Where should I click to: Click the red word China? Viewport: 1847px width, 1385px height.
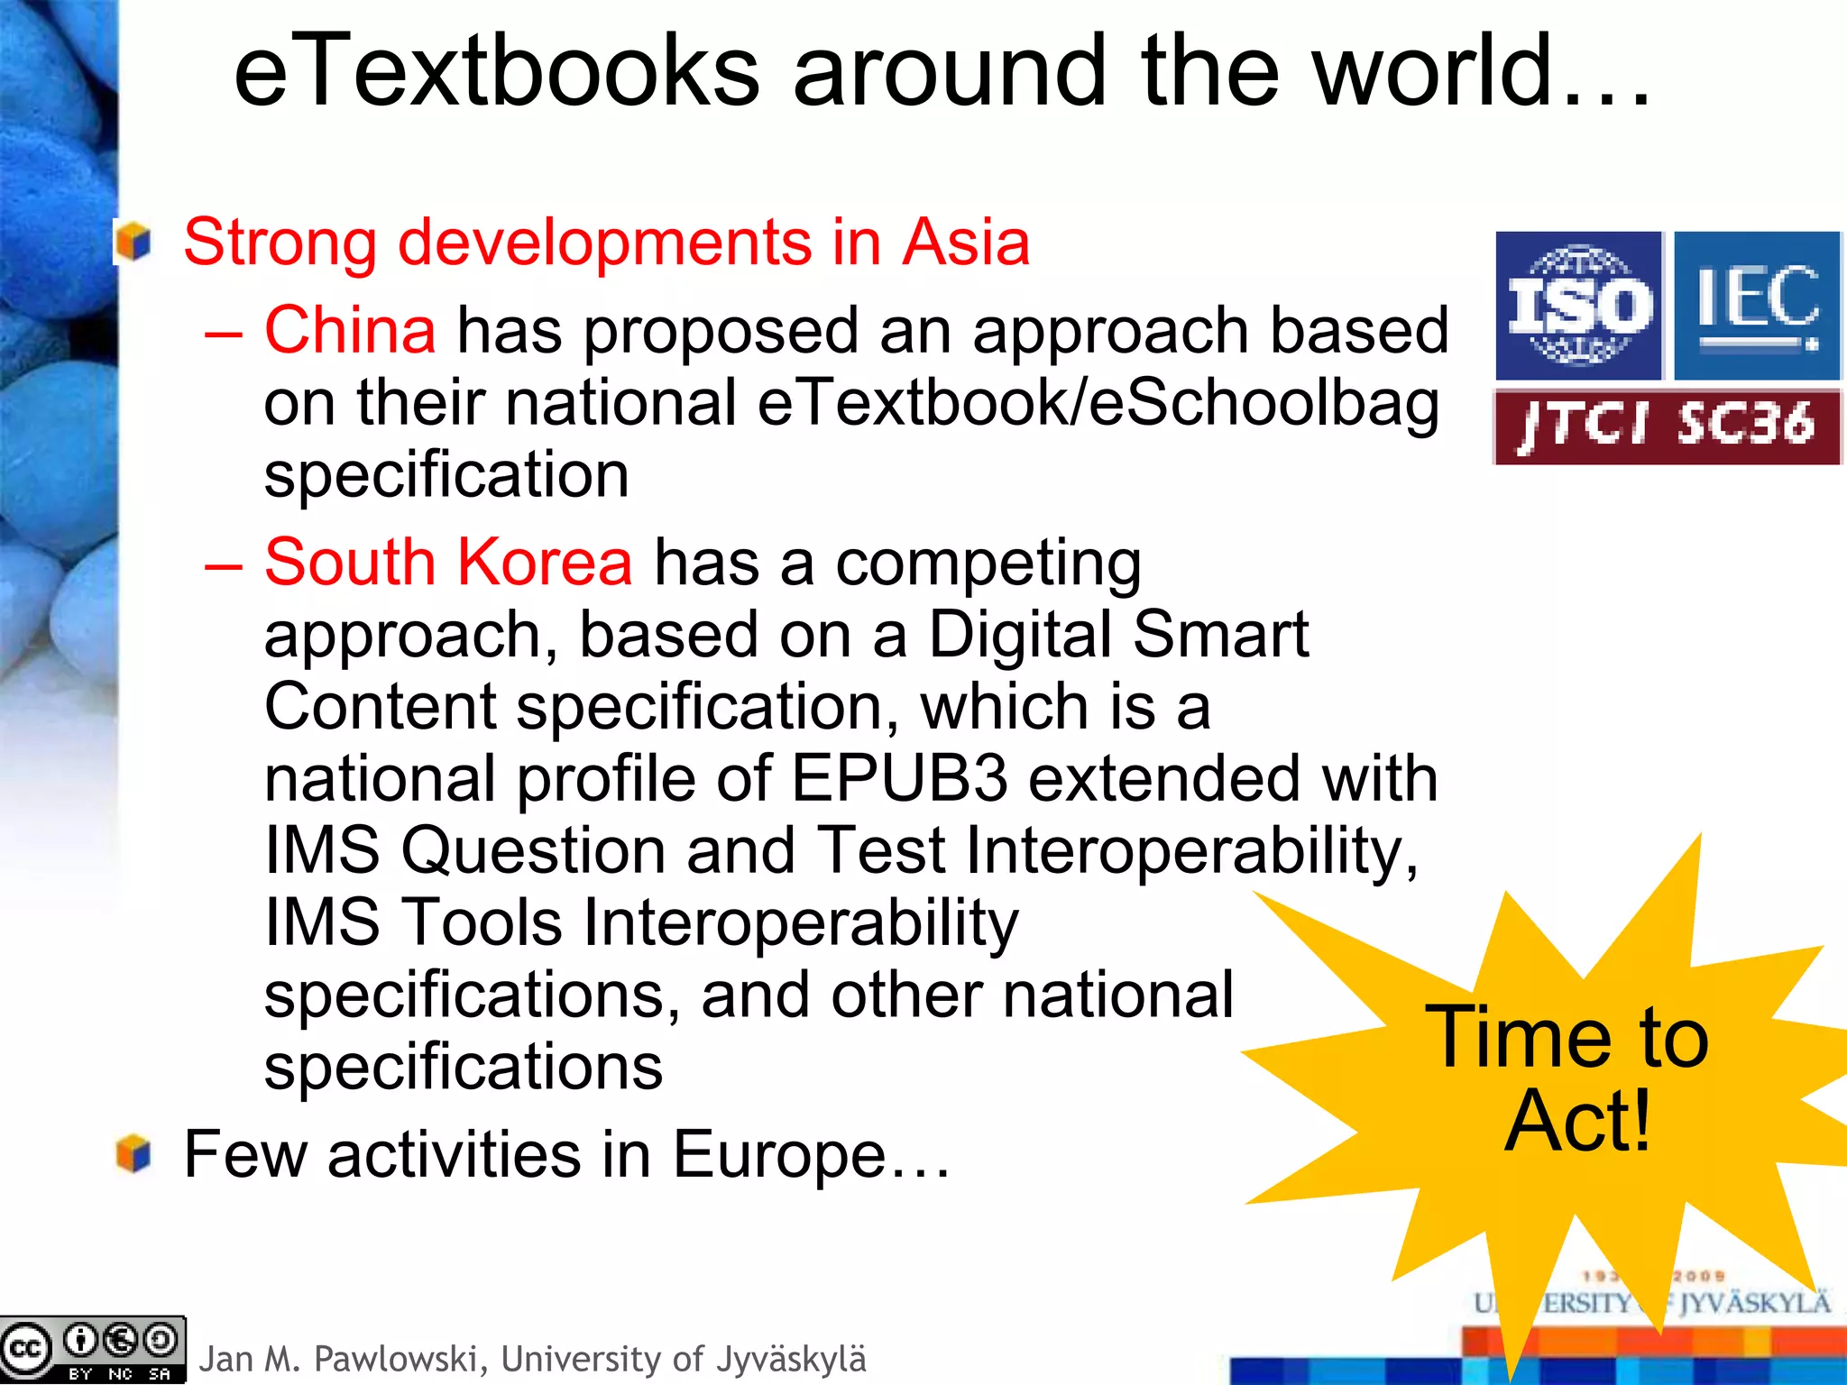350,330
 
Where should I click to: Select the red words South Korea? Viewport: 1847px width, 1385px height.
448,562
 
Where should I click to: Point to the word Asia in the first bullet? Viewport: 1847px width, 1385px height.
966,243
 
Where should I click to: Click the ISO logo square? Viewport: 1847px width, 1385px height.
1578,306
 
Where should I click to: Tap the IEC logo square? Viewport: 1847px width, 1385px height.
1756,306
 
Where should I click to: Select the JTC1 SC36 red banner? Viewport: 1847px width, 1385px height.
1667,427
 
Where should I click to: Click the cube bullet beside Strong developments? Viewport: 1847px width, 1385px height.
133,243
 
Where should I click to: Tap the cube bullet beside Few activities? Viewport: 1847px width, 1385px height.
133,1154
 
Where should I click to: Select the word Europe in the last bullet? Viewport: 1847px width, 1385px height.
779,1154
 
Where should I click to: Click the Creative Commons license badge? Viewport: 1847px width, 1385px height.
93,1350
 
